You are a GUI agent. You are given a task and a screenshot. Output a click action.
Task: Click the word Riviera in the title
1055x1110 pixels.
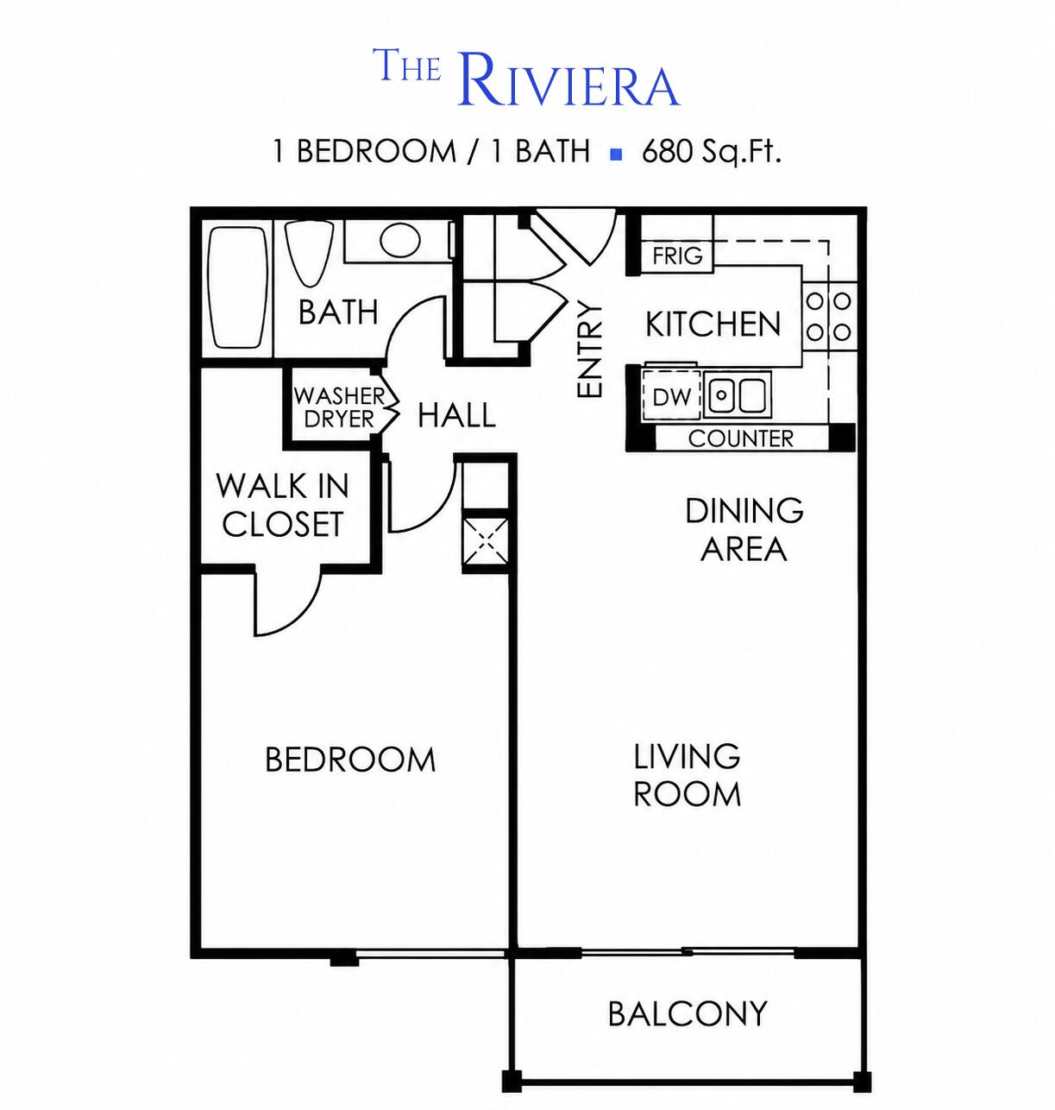pyautogui.click(x=568, y=80)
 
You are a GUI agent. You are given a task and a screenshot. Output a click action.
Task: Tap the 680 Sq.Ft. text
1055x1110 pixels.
pyautogui.click(x=711, y=151)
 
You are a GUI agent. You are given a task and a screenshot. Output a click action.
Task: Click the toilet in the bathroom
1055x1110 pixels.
pyautogui.click(x=309, y=253)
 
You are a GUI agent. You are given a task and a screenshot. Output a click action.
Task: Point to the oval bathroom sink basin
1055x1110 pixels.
pyautogui.click(x=400, y=240)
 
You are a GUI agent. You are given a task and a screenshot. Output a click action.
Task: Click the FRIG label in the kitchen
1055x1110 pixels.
pyautogui.click(x=677, y=255)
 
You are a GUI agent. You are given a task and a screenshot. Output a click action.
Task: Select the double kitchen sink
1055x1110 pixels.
pyautogui.click(x=738, y=394)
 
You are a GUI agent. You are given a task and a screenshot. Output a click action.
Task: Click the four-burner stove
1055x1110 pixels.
pyautogui.click(x=829, y=317)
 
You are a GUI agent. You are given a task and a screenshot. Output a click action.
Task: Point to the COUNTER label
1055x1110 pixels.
pyautogui.click(x=741, y=438)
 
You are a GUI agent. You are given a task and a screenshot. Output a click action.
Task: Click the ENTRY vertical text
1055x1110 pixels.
pyautogui.click(x=590, y=350)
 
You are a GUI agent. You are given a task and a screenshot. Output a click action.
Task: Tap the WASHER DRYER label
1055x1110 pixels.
pyautogui.click(x=339, y=407)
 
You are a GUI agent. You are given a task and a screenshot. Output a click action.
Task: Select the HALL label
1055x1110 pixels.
pyautogui.click(x=456, y=415)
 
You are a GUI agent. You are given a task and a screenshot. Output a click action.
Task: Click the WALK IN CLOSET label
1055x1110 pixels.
pyautogui.click(x=282, y=505)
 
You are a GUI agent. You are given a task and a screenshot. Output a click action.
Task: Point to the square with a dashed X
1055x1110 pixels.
pyautogui.click(x=486, y=540)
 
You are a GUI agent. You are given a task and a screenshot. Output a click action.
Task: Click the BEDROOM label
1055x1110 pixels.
pyautogui.click(x=350, y=760)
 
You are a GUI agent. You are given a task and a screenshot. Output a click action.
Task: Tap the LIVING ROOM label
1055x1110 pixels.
pyautogui.click(x=687, y=776)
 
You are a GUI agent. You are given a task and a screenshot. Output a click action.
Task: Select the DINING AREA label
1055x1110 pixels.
pyautogui.click(x=744, y=529)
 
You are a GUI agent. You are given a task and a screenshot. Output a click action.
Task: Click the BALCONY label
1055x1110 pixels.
pyautogui.click(x=688, y=1013)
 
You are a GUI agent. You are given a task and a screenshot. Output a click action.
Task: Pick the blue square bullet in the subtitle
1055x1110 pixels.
pyautogui.click(x=617, y=155)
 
